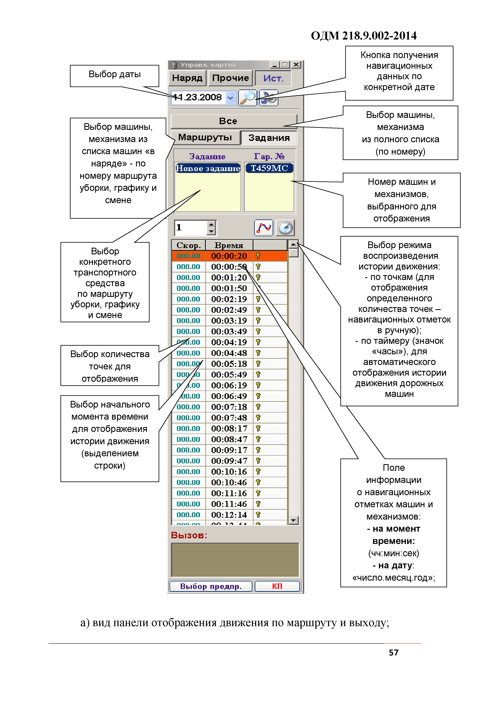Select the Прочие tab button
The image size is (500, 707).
[230, 78]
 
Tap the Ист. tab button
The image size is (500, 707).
[273, 78]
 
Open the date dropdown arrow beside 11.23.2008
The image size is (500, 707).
[230, 98]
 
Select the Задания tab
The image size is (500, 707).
[269, 138]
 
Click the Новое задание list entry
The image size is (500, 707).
[208, 168]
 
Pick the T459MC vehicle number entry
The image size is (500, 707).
[269, 168]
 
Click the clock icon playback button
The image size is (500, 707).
[285, 228]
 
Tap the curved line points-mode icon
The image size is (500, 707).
[264, 228]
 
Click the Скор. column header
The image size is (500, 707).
[188, 245]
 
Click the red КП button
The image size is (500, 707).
[277, 586]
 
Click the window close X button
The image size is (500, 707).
[296, 65]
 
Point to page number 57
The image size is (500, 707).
[393, 653]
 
